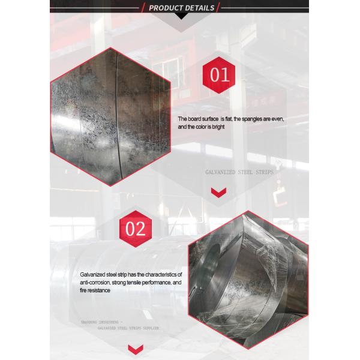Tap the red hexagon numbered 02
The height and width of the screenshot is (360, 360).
coord(133,229)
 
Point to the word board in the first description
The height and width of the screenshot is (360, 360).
coord(196,119)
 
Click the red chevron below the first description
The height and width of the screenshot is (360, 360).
coord(218,192)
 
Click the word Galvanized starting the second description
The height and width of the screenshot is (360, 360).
coord(95,274)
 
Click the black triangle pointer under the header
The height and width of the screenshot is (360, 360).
coord(180,16)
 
